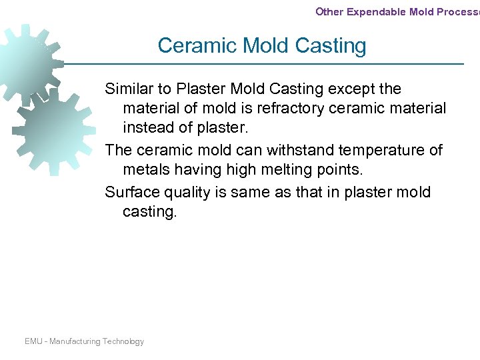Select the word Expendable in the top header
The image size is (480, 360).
pos(375,11)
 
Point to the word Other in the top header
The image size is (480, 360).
pos(329,11)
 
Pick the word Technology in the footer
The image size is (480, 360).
pos(123,341)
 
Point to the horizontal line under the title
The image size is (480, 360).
pos(267,64)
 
